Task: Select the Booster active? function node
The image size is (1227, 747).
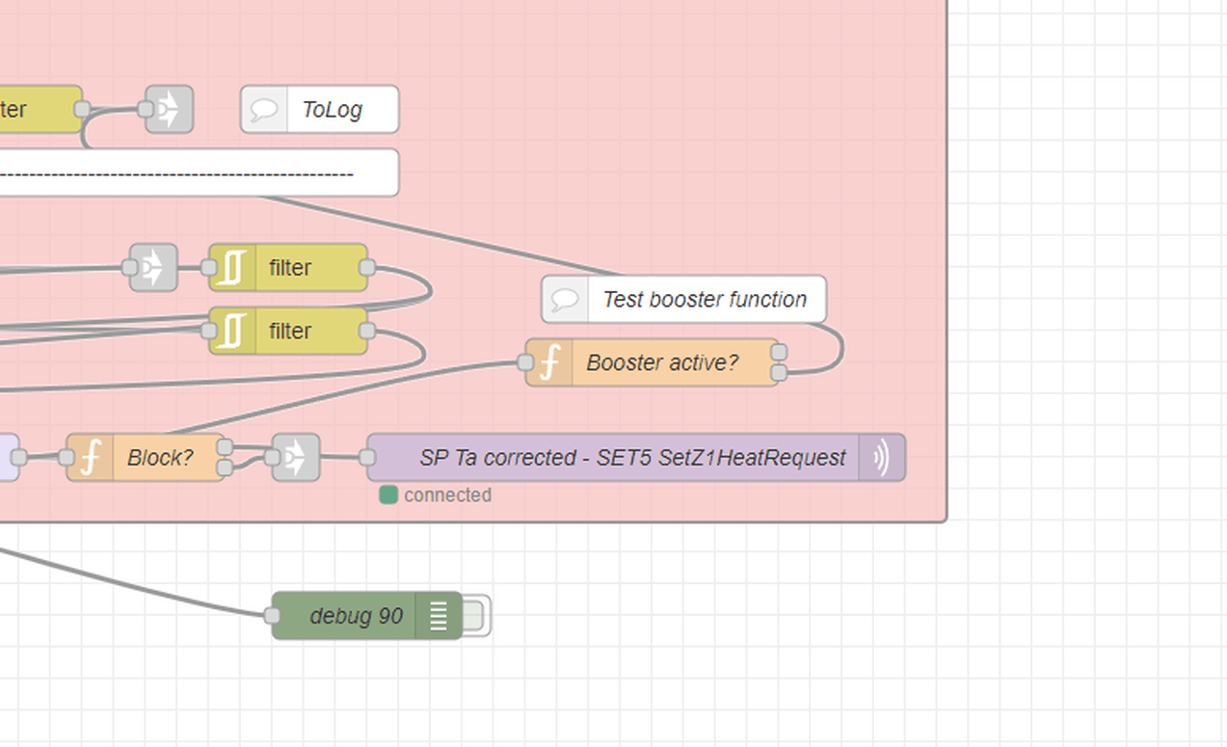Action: pos(661,362)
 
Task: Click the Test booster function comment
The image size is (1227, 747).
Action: pos(704,299)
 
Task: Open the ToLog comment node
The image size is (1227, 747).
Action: pos(331,110)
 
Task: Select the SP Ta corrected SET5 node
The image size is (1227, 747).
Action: pos(631,458)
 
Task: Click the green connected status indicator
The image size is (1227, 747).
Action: pos(388,495)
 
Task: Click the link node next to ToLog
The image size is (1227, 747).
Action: pos(170,110)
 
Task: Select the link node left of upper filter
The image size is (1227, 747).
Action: pos(154,268)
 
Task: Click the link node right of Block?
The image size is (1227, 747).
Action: pos(296,458)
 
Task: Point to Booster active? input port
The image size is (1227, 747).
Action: pos(525,362)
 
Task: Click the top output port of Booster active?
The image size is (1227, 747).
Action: pos(779,353)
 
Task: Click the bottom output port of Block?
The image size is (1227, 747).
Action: pos(225,467)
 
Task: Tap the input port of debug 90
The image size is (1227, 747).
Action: pos(273,616)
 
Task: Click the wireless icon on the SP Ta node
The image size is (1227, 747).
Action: pos(881,458)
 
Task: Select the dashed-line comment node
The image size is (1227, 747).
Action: pos(193,173)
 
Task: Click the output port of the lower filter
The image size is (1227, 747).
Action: pos(367,332)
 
